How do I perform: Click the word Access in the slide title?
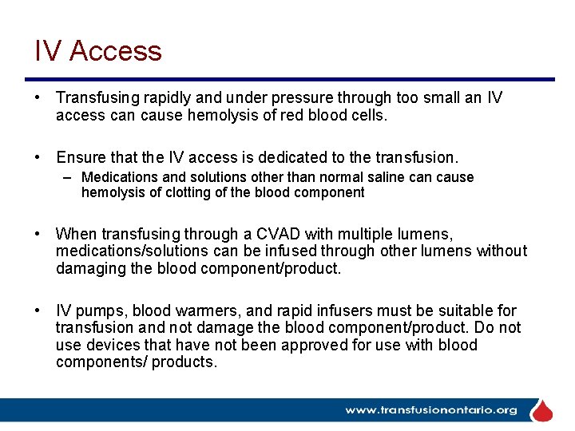point(115,51)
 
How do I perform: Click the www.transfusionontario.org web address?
point(430,410)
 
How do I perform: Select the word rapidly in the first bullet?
point(169,97)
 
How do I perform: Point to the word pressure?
point(304,97)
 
